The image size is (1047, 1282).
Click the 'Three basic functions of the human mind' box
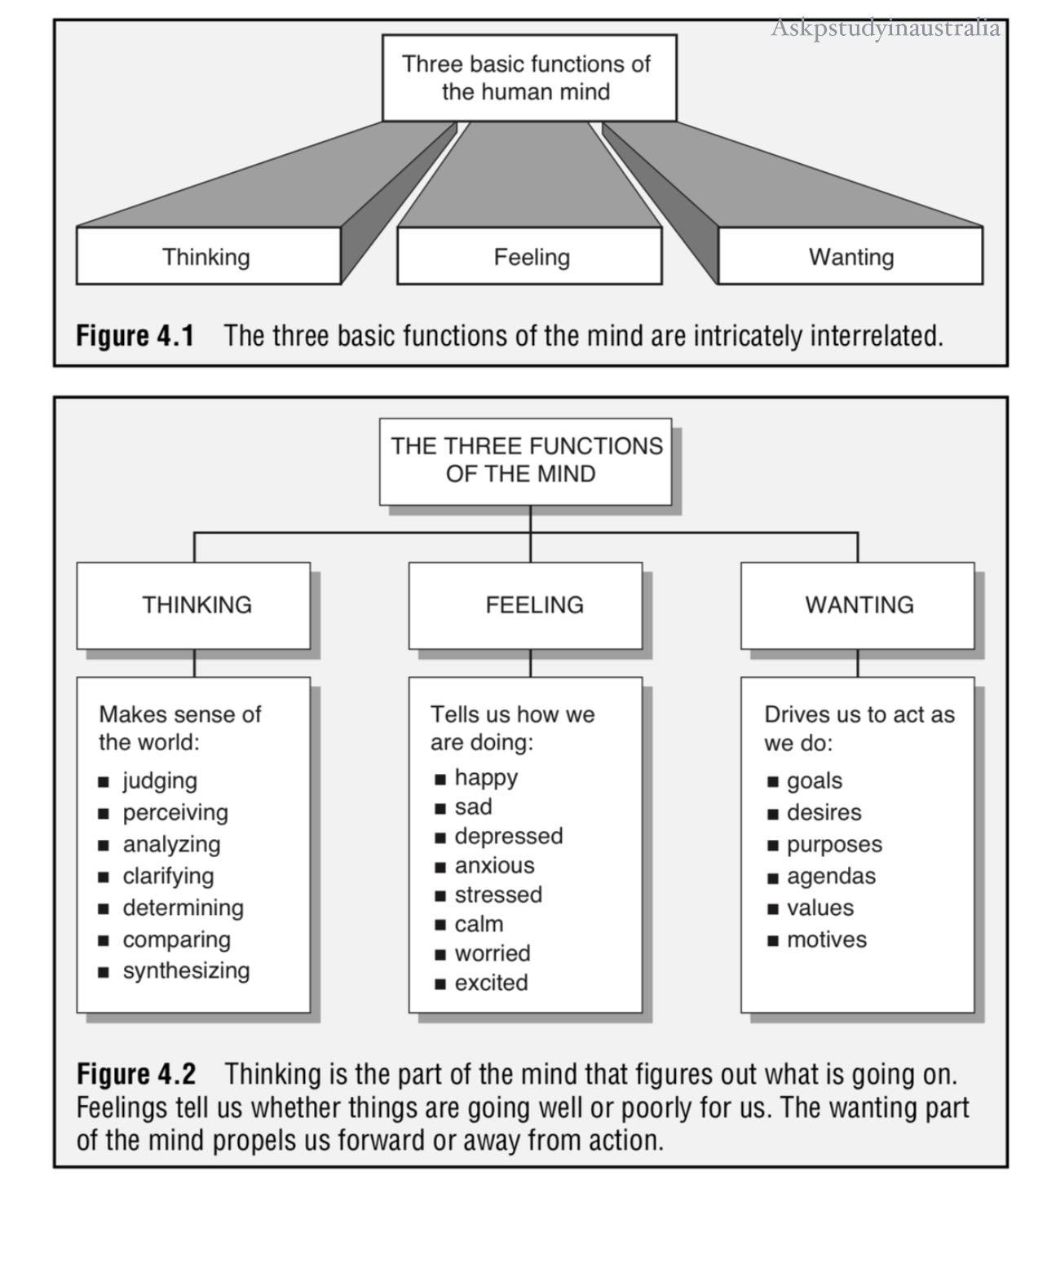pyautogui.click(x=528, y=77)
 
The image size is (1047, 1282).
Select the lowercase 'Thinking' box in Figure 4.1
pyautogui.click(x=207, y=256)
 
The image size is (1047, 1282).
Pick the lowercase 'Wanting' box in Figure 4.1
pyautogui.click(x=850, y=256)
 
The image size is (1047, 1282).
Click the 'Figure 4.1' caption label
pyautogui.click(x=135, y=335)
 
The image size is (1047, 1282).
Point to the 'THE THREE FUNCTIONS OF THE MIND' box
pyautogui.click(x=526, y=461)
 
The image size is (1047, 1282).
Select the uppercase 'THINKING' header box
pyautogui.click(x=194, y=604)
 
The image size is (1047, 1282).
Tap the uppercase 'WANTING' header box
pyautogui.click(x=858, y=604)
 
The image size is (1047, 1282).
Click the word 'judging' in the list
pyautogui.click(x=160, y=780)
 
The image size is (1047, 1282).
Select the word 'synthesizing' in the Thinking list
pyautogui.click(x=186, y=970)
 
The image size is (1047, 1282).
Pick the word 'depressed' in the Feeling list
pyautogui.click(x=509, y=836)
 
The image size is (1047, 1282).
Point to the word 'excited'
pyautogui.click(x=491, y=983)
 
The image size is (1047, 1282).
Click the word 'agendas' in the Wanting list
pyautogui.click(x=831, y=876)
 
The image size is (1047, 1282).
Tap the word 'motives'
pyautogui.click(x=826, y=939)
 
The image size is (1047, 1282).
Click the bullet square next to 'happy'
pyautogui.click(x=440, y=779)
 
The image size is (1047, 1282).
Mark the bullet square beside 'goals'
pyautogui.click(x=773, y=782)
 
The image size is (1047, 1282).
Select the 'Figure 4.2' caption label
pyautogui.click(x=136, y=1074)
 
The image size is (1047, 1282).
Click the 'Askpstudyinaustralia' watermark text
pyautogui.click(x=886, y=29)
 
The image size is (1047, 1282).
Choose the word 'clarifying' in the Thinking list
pyautogui.click(x=168, y=876)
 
